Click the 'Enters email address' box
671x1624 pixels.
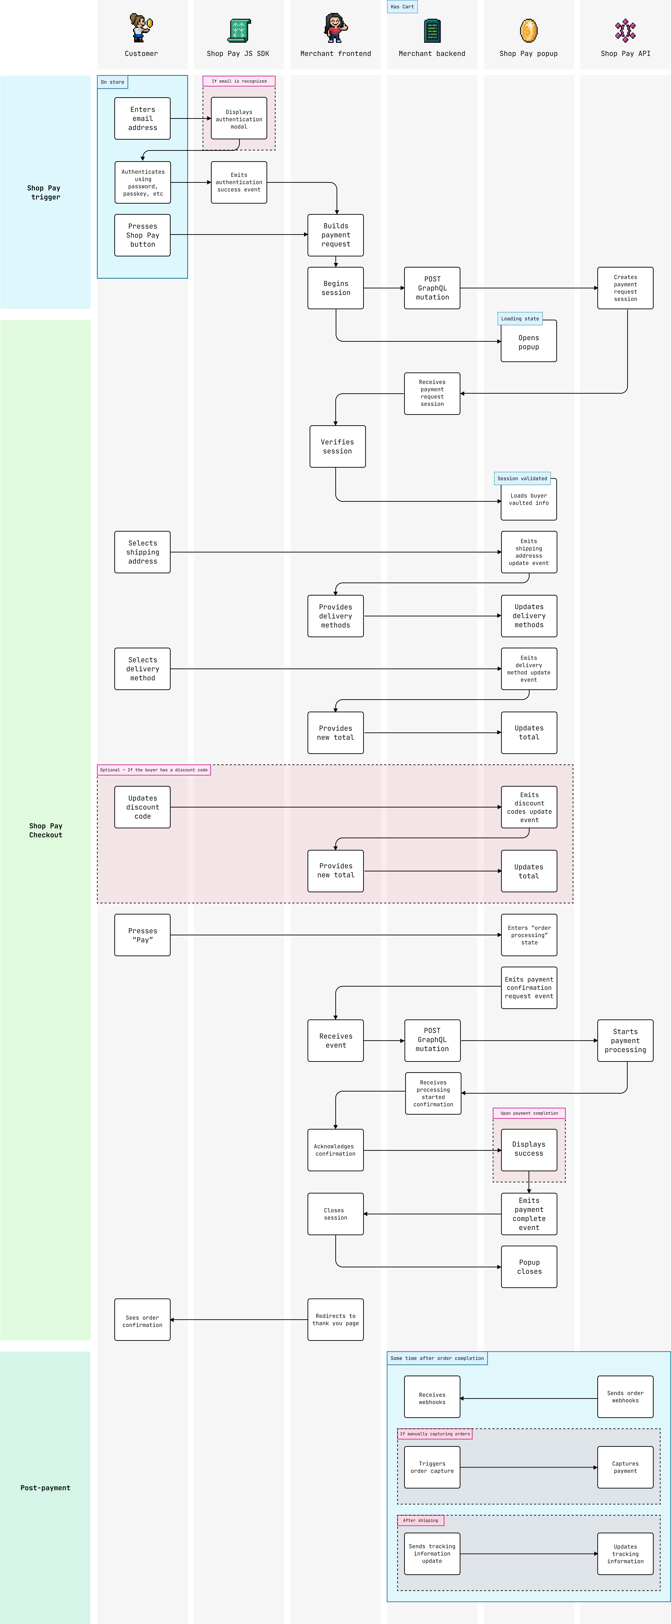[x=142, y=118]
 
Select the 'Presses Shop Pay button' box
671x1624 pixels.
[x=142, y=235]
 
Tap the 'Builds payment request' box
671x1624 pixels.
[x=335, y=235]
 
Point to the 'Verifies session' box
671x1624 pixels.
[x=337, y=446]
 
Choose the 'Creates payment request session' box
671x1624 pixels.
[x=625, y=288]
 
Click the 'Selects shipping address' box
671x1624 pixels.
[x=142, y=552]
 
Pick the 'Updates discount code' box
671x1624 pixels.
[x=142, y=807]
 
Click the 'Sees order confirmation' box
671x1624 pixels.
[x=142, y=1319]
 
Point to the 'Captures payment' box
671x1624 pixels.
[x=625, y=1467]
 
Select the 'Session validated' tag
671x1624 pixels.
[x=522, y=478]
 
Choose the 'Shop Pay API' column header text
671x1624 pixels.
[x=625, y=54]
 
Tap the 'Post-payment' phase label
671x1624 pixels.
[x=45, y=1488]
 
